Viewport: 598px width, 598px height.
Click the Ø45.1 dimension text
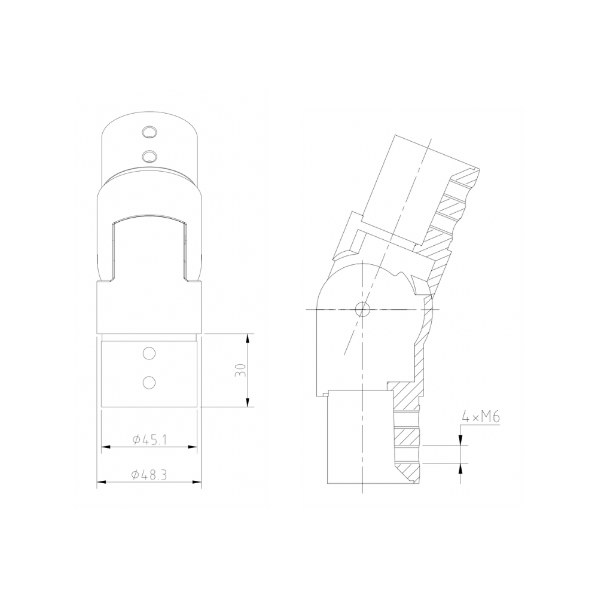click(149, 440)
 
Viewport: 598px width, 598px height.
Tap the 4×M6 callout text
click(481, 417)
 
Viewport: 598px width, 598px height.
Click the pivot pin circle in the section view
click(362, 309)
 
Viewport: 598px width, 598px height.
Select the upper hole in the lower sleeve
click(148, 353)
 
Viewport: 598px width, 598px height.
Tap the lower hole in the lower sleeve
click(148, 380)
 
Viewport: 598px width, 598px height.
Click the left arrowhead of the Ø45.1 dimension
click(105, 446)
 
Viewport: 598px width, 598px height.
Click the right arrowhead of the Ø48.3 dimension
click(197, 482)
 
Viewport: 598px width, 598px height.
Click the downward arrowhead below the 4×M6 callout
click(460, 441)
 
